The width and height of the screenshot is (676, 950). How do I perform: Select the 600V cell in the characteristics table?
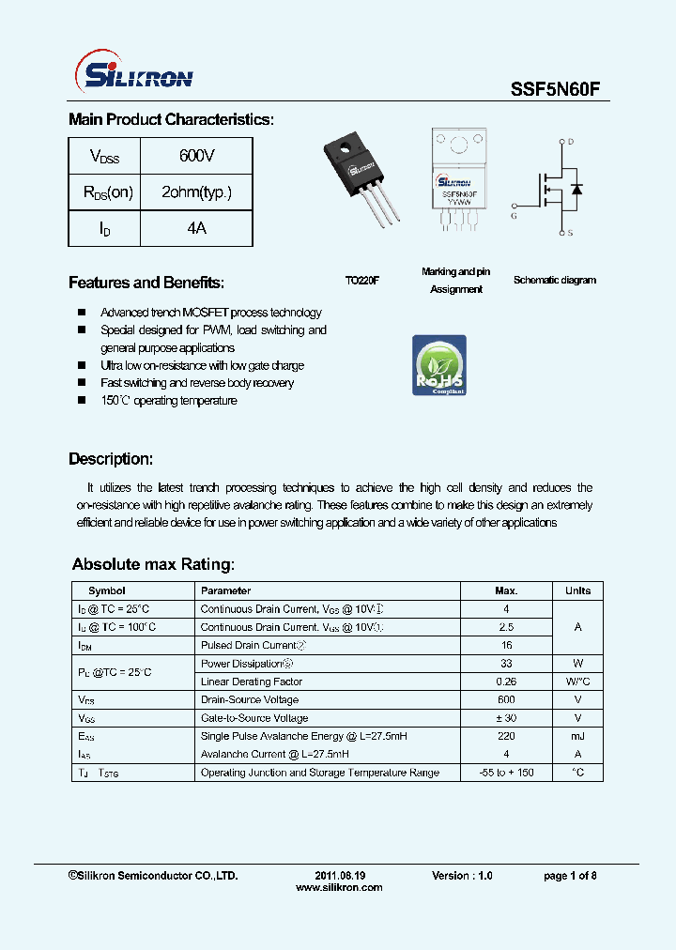[196, 156]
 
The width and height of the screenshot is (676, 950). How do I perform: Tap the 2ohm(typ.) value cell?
[196, 192]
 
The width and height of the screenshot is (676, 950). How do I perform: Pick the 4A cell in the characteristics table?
[196, 229]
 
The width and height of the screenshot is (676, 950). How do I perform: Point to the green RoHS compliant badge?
[439, 365]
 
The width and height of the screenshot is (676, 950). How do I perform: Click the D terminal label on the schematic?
[570, 142]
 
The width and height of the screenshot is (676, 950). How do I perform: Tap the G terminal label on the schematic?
[514, 216]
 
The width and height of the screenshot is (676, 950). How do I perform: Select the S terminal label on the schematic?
[570, 232]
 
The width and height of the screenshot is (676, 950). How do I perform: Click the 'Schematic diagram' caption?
[554, 280]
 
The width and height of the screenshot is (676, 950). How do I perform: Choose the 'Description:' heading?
[111, 459]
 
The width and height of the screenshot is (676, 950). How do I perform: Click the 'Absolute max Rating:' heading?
[153, 564]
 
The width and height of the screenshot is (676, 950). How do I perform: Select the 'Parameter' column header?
[226, 590]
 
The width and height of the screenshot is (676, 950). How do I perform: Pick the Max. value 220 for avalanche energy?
[506, 736]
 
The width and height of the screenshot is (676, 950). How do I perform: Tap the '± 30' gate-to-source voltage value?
[506, 718]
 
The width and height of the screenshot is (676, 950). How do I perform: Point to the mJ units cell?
[577, 736]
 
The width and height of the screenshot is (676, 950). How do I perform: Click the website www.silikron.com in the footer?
[339, 887]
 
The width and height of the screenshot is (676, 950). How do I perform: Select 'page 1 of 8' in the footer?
[570, 876]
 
